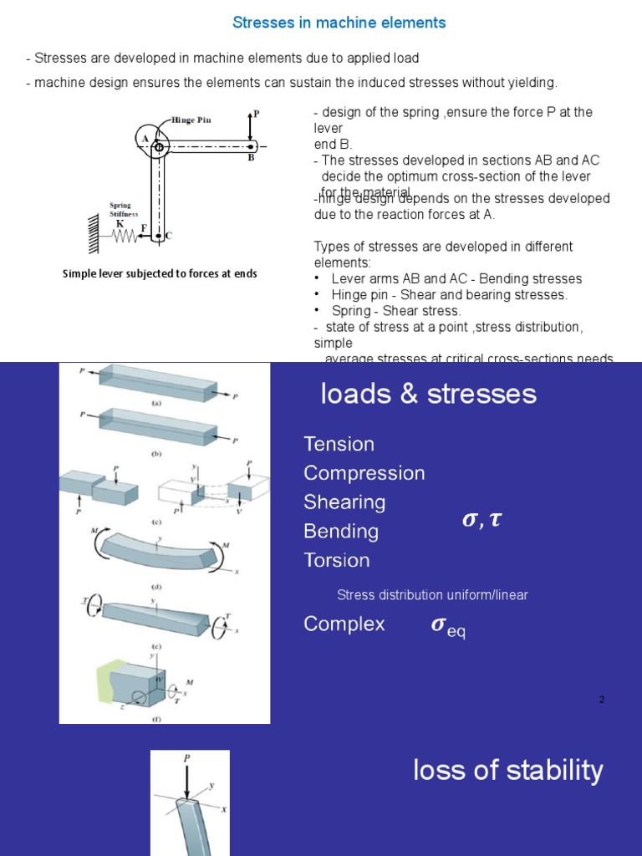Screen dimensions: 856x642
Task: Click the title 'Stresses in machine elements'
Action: [339, 23]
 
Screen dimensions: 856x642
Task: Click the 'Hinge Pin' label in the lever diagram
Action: [191, 120]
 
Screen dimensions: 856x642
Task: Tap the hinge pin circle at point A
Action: [159, 147]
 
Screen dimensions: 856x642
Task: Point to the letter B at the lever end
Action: [250, 157]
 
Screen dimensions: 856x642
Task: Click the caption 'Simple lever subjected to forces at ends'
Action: [160, 274]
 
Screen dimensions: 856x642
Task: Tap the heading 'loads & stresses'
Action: [428, 395]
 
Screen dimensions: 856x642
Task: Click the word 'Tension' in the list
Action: [339, 444]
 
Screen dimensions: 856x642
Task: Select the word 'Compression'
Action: [364, 473]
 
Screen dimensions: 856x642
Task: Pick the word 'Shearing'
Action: [344, 502]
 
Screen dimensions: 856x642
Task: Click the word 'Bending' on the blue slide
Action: [341, 532]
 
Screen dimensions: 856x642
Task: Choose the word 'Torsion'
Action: [336, 560]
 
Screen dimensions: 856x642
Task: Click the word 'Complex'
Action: [344, 624]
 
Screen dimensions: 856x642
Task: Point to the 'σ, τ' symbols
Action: [481, 520]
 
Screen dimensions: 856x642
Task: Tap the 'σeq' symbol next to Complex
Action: [447, 627]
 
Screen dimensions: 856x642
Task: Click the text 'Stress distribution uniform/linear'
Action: [432, 595]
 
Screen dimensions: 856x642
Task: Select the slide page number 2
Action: [601, 699]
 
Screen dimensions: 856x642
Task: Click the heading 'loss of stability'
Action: [507, 770]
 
